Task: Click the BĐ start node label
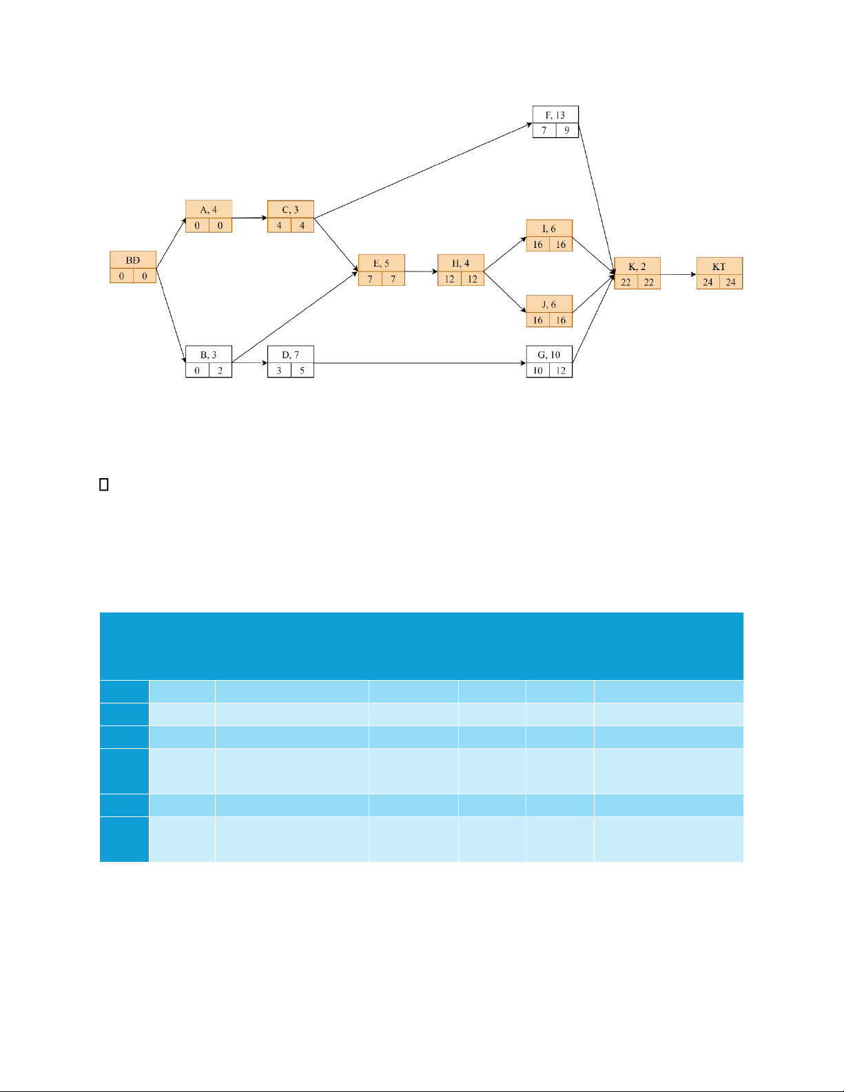(x=132, y=260)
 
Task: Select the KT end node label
(x=719, y=267)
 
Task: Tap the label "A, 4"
(x=209, y=210)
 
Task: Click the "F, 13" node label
(x=555, y=115)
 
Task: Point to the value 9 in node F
(x=566, y=130)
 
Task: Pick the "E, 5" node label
(x=381, y=263)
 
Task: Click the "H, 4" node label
(x=460, y=263)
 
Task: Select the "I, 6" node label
(x=548, y=229)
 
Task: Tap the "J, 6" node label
(x=548, y=305)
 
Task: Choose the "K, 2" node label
(x=637, y=267)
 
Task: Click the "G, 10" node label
(x=548, y=355)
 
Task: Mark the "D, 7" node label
(x=290, y=355)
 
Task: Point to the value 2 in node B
(x=220, y=371)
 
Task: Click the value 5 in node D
(x=302, y=371)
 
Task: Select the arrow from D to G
(x=420, y=363)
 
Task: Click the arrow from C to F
(x=423, y=170)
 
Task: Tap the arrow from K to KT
(x=678, y=274)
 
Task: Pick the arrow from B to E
(x=295, y=317)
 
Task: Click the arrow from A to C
(x=249, y=218)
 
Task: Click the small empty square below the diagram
(x=104, y=484)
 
